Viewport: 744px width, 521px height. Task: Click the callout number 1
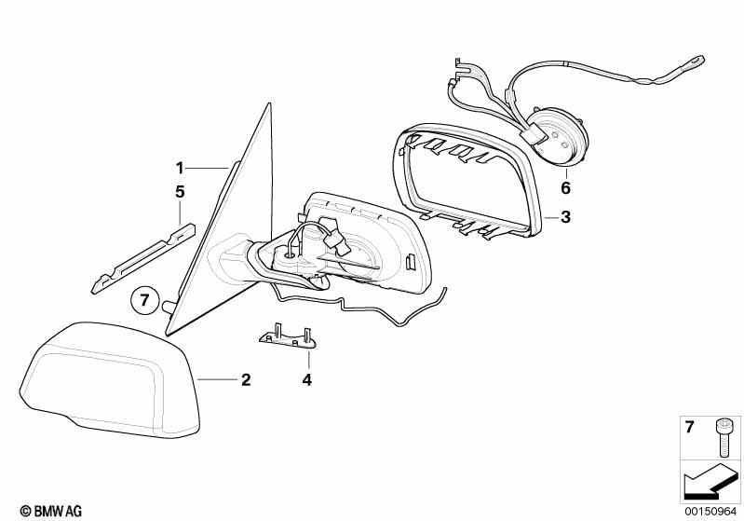pyautogui.click(x=180, y=168)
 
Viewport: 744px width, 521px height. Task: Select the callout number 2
pyautogui.click(x=246, y=380)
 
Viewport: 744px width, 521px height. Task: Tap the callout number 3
pyautogui.click(x=565, y=217)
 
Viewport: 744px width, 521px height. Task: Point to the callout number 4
pyautogui.click(x=307, y=380)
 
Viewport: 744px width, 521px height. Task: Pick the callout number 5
pyautogui.click(x=180, y=192)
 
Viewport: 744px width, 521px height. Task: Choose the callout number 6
pyautogui.click(x=565, y=188)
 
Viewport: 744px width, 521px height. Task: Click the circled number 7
pyautogui.click(x=144, y=300)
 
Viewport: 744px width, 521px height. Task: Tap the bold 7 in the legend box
pyautogui.click(x=689, y=427)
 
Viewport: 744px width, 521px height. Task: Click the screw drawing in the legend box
pyautogui.click(x=723, y=437)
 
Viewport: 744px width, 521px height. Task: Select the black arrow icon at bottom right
pyautogui.click(x=710, y=481)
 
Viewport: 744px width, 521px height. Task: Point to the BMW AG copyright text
pyautogui.click(x=51, y=512)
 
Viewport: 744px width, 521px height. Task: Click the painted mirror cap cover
pyautogui.click(x=110, y=380)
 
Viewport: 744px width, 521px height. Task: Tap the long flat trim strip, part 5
pyautogui.click(x=142, y=258)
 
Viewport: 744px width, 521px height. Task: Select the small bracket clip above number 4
pyautogui.click(x=288, y=337)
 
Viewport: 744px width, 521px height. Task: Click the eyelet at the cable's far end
pyautogui.click(x=697, y=61)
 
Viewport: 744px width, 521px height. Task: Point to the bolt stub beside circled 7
pyautogui.click(x=169, y=305)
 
